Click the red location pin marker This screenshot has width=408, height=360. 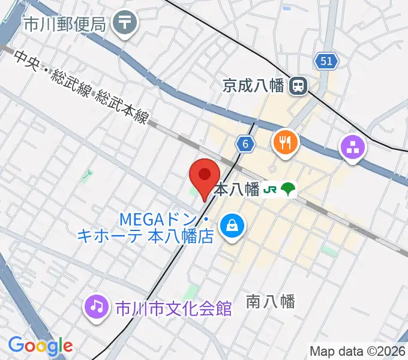(204, 178)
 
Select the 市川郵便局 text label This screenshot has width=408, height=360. (65, 25)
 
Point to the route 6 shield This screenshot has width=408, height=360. (244, 143)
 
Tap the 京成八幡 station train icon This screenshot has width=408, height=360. (297, 86)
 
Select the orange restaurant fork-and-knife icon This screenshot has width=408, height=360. (284, 142)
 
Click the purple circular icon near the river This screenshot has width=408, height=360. (352, 148)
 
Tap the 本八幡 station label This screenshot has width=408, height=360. (236, 190)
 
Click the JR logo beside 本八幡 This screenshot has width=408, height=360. (270, 190)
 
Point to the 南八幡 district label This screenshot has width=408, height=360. (271, 302)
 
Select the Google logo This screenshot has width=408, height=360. (40, 346)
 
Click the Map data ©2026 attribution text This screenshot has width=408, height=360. (358, 351)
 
